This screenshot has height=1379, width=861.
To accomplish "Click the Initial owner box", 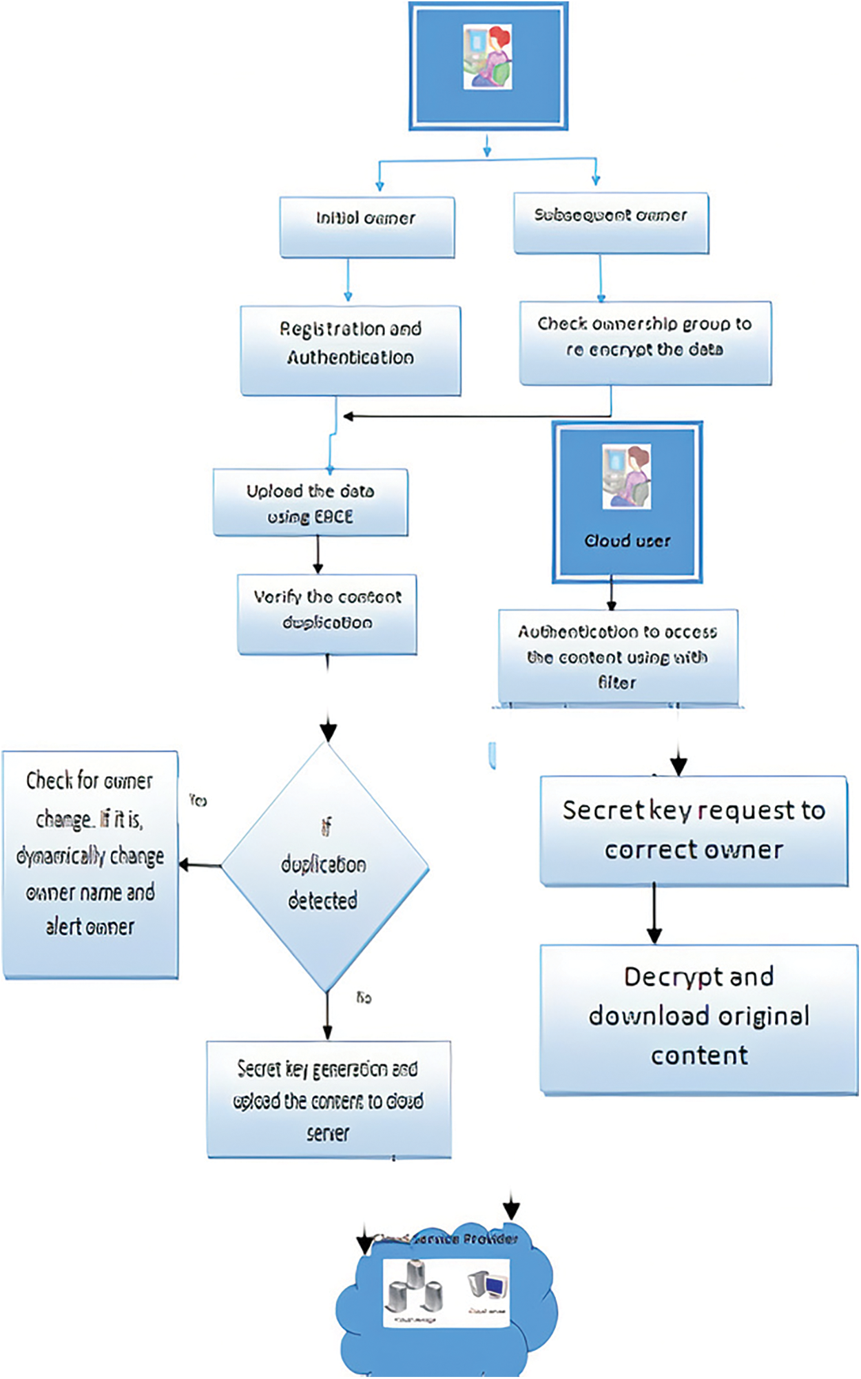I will coord(366,227).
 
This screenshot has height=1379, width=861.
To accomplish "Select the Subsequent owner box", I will coord(611,223).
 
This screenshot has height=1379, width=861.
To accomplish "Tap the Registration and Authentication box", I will coord(350,350).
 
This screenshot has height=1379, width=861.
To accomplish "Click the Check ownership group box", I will coord(645,342).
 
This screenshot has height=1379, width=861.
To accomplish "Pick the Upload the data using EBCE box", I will coord(310,503).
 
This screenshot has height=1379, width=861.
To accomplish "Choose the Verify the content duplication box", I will coord(327,614).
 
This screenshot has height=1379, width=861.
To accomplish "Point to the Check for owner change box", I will coord(90,864).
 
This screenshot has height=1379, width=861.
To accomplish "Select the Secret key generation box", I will coord(329,1099).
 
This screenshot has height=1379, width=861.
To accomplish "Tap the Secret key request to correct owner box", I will coord(694,830).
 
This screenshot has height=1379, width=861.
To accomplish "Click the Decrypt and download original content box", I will coord(698,1019).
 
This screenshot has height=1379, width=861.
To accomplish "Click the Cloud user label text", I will coord(627,541).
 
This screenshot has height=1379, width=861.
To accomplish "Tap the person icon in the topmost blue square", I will coord(488,57).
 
